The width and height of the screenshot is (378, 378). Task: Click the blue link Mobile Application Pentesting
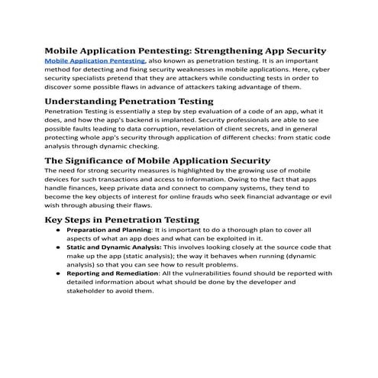[95, 60]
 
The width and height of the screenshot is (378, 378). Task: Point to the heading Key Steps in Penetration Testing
[121, 220]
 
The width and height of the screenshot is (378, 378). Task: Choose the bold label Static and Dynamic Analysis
[114, 247]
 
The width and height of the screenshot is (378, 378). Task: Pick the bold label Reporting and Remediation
[115, 273]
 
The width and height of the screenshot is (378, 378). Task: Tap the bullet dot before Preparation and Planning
[57, 230]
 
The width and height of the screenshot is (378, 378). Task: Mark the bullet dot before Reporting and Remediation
[57, 273]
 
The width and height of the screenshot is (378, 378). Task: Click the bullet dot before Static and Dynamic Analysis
[57, 247]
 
